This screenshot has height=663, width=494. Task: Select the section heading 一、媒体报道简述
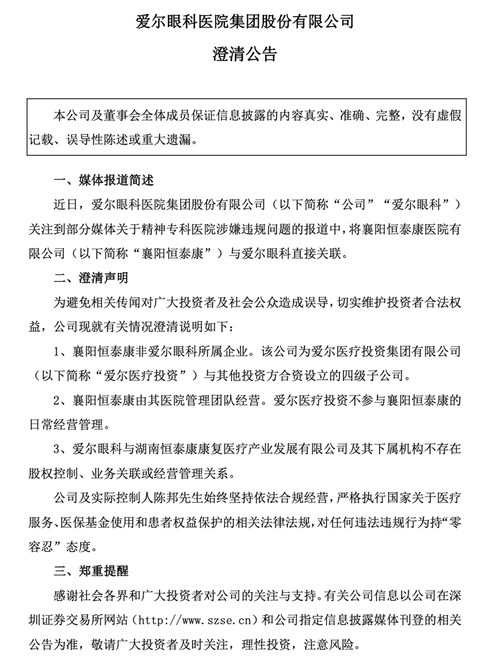103,182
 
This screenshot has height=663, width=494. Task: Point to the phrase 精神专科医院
190,230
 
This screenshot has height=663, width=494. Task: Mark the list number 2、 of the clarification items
60,400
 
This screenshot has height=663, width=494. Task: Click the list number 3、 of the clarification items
60,450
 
